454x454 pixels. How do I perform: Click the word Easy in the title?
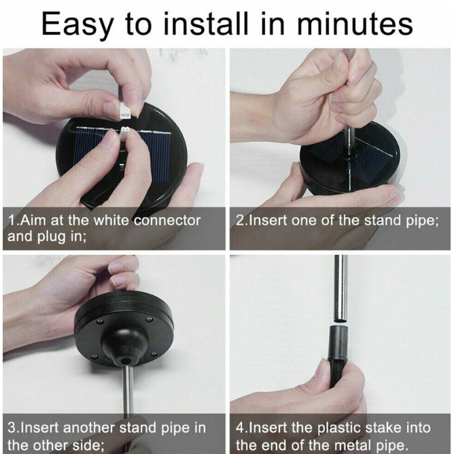pos(77,24)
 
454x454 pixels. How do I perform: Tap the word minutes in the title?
pos(355,24)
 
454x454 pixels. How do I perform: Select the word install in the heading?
pos(205,23)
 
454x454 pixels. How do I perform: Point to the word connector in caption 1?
pos(167,221)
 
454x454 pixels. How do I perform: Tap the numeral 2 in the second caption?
pos(240,221)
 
